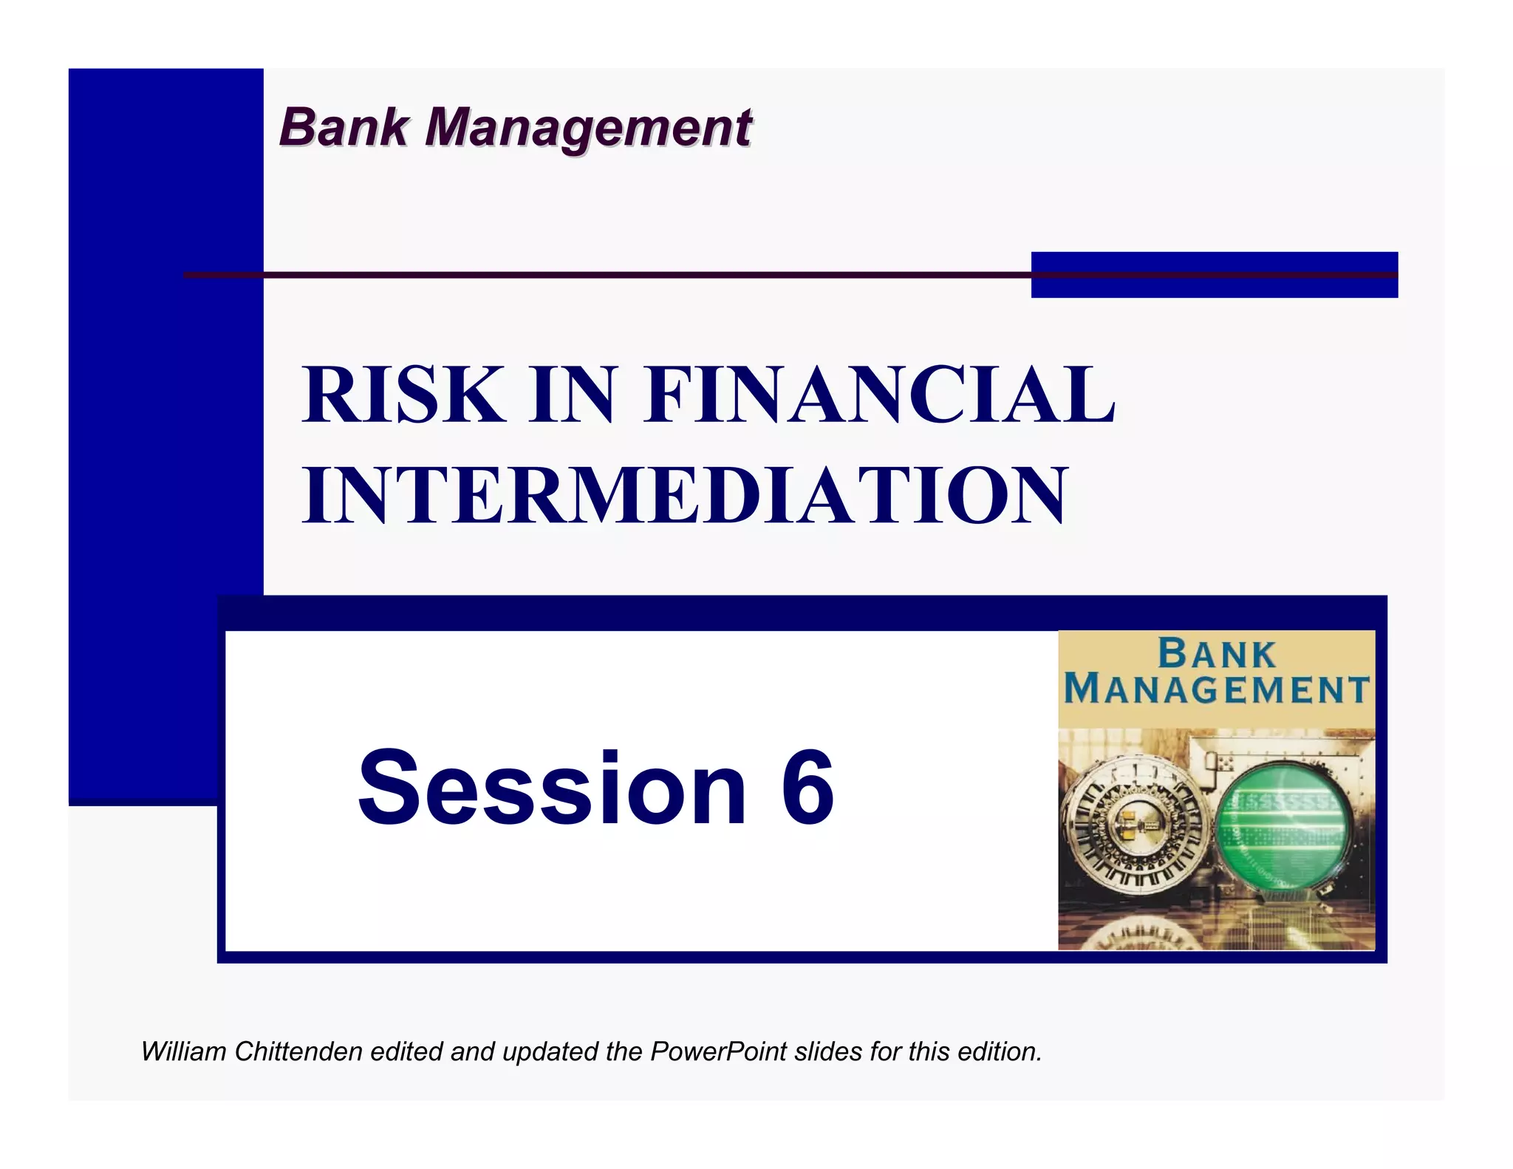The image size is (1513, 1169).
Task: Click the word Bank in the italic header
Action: pos(344,127)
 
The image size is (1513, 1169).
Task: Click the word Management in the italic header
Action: pos(589,127)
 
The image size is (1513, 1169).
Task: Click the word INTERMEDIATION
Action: pos(685,495)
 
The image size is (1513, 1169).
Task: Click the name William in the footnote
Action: pos(183,1051)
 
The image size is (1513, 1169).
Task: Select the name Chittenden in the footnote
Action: pos(298,1051)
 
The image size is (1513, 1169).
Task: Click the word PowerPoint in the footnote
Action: pos(718,1051)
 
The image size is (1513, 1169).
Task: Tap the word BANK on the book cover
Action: pos(1217,655)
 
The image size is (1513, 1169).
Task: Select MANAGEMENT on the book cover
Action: pos(1217,690)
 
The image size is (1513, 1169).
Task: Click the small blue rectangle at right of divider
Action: pos(1214,275)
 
